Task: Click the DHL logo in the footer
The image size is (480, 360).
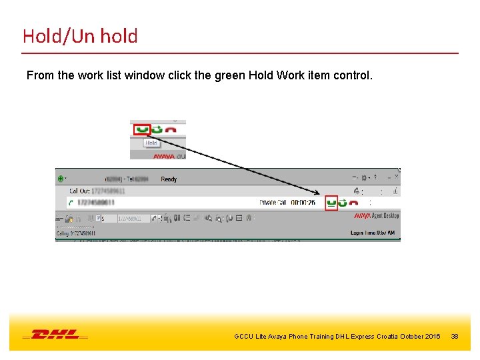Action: coord(55,335)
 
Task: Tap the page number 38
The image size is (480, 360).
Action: coord(455,337)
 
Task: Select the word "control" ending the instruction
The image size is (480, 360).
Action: coord(351,75)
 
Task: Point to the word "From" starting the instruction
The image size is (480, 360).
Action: coord(40,75)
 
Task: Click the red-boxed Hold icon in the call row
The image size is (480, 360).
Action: coord(331,203)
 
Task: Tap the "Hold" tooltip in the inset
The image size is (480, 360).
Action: coord(151,143)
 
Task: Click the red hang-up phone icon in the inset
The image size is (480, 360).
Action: coord(171,129)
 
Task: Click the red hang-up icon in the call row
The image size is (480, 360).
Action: coord(354,203)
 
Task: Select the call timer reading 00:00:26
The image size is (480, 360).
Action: coord(303,203)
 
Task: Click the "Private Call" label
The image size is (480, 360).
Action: coord(272,203)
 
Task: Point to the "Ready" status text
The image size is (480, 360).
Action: coord(169,179)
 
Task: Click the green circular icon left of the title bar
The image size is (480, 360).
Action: coord(61,179)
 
